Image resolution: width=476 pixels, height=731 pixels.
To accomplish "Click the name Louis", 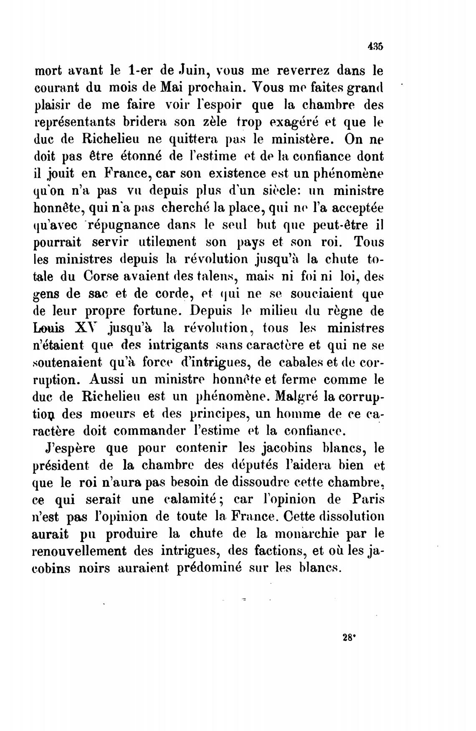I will (x=47, y=328).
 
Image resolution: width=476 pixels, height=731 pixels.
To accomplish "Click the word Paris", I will (x=366, y=499).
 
